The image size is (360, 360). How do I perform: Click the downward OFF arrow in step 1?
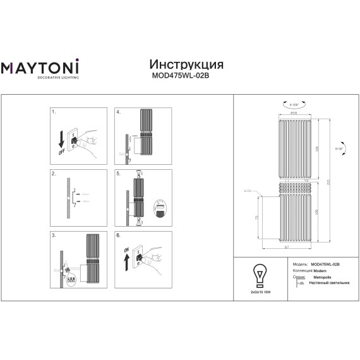[60, 141]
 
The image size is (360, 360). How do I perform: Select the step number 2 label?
[54, 173]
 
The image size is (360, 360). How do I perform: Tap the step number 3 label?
[54, 234]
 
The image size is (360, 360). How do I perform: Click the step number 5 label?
[118, 173]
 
